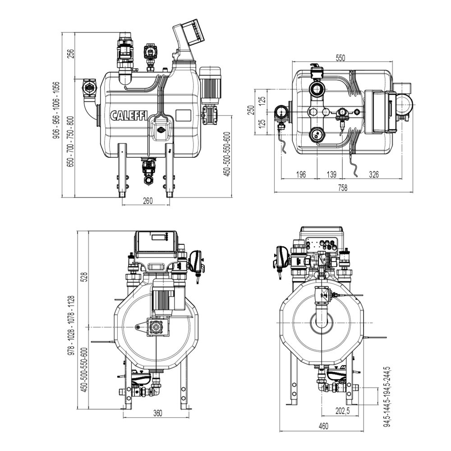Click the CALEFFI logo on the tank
[129, 115]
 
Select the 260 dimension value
[147, 201]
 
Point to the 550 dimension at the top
[341, 58]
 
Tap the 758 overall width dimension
[342, 188]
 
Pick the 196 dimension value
[301, 174]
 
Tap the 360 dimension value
[157, 413]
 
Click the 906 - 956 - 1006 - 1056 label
[56, 110]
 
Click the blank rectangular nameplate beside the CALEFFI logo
[184, 115]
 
